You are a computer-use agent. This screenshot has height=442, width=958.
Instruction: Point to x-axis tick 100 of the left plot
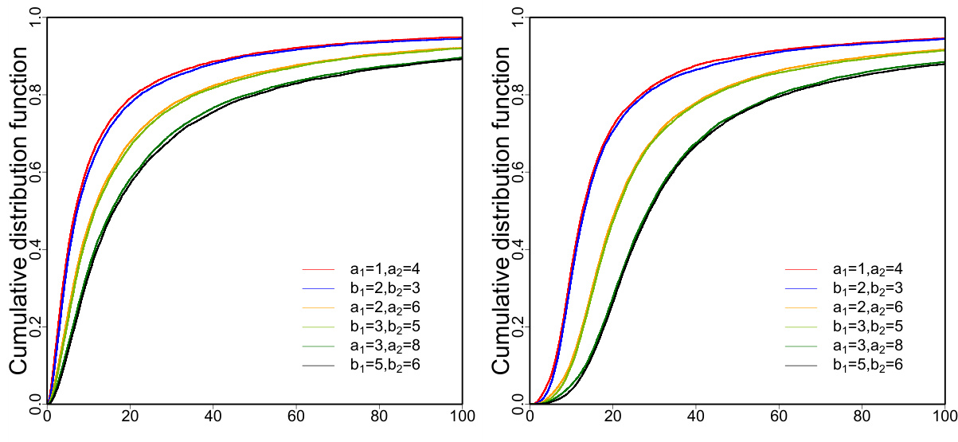462,417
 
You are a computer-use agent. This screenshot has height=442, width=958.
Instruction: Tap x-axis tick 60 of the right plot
779,417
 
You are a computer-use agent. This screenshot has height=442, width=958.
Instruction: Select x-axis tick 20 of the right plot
612,417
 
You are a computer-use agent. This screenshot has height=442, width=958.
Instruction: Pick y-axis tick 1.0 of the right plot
518,18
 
